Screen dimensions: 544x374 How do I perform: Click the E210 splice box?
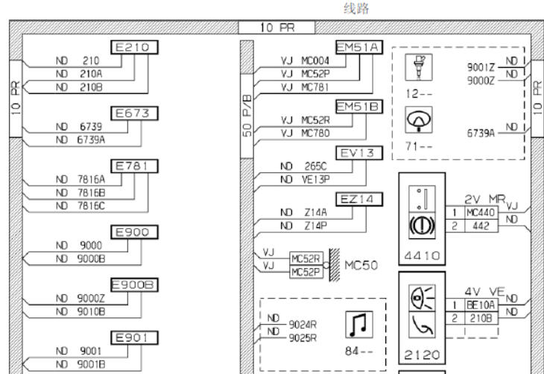[134, 47]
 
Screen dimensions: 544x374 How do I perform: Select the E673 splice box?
[134, 113]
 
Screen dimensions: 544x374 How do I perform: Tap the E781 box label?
[134, 166]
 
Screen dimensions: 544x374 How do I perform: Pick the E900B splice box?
[134, 285]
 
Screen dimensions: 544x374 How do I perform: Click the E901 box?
[134, 337]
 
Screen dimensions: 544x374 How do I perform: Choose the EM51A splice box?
[359, 47]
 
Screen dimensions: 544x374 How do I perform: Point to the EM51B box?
[359, 107]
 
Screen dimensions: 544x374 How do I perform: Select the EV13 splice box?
[359, 153]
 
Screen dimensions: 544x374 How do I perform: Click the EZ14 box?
[359, 199]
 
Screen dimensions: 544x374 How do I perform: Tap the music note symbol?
[359, 324]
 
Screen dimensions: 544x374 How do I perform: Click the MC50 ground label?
[361, 265]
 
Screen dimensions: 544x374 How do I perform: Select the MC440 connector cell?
[480, 212]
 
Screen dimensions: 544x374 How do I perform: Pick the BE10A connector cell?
[480, 305]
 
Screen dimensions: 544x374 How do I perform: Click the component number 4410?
[422, 256]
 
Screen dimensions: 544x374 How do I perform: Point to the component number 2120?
[422, 355]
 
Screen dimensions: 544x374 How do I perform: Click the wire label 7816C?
[91, 206]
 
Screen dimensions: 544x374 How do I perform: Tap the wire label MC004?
[315, 60]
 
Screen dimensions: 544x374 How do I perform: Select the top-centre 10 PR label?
[277, 28]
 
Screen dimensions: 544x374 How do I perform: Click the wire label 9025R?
[303, 338]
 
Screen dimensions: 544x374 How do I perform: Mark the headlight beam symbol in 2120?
[422, 298]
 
